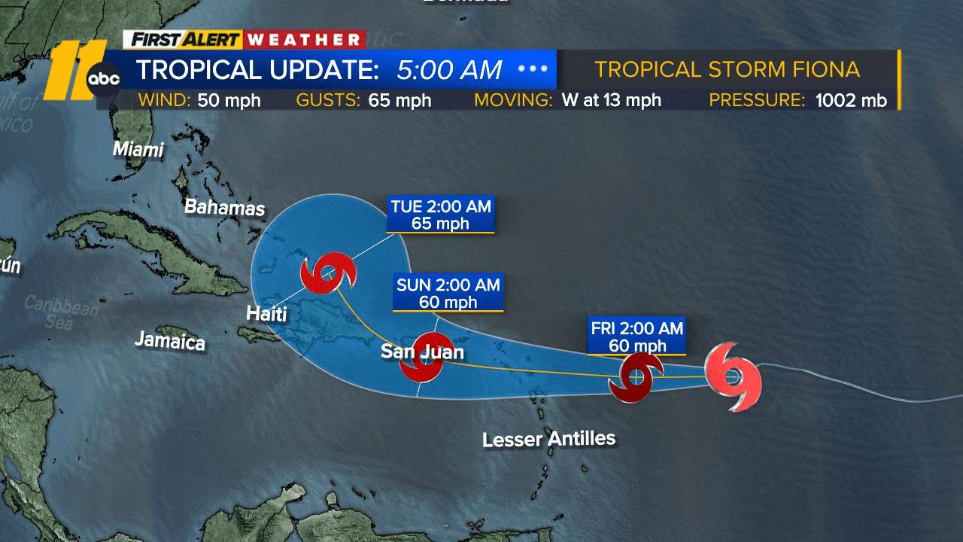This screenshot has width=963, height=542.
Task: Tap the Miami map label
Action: tap(138, 149)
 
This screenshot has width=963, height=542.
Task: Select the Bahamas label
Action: tap(225, 207)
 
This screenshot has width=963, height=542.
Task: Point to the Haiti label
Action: tap(267, 313)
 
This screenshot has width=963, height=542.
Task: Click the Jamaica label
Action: tap(170, 340)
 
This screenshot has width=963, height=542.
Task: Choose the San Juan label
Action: tap(422, 352)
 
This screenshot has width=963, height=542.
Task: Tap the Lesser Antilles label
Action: tap(549, 438)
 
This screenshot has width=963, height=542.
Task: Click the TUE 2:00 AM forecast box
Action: tap(441, 215)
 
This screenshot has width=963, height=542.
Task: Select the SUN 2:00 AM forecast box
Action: tap(448, 293)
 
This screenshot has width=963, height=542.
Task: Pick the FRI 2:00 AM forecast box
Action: tap(636, 336)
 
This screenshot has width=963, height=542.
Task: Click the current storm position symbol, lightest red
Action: tap(734, 376)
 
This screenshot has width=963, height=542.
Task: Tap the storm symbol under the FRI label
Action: tap(636, 377)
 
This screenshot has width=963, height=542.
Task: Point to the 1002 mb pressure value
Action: tap(851, 100)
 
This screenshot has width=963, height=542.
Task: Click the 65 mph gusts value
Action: tap(399, 100)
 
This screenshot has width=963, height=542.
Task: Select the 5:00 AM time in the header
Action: tap(449, 70)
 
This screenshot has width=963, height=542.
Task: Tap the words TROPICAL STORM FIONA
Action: tap(727, 69)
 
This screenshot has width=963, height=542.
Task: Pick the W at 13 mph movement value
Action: tap(611, 100)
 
